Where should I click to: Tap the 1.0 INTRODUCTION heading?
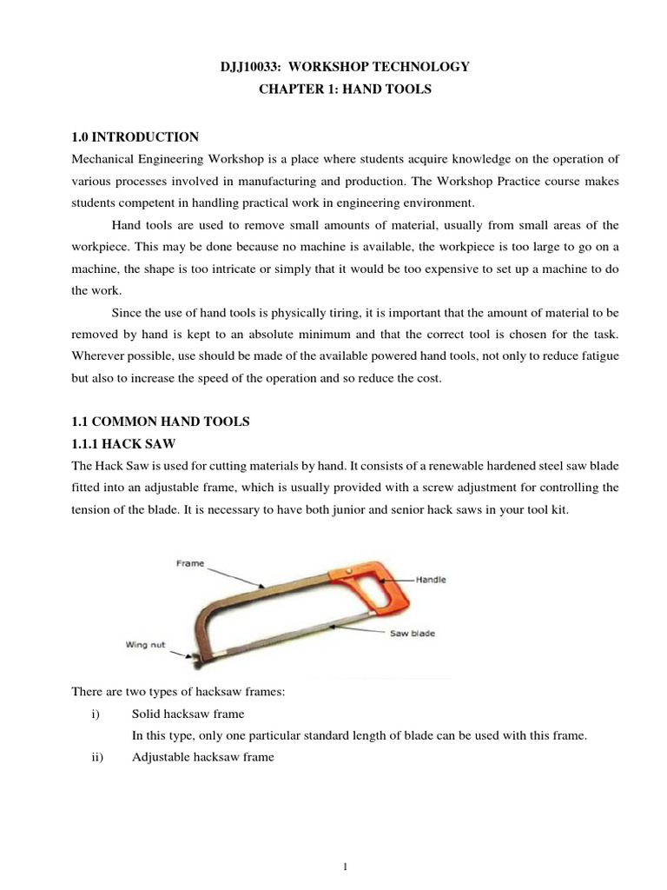click(135, 137)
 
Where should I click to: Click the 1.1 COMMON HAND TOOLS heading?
click(160, 422)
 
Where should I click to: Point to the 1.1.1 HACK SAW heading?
click(124, 443)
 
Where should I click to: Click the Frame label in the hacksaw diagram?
click(190, 563)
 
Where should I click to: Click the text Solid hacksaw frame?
click(188, 714)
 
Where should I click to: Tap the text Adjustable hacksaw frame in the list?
click(202, 757)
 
